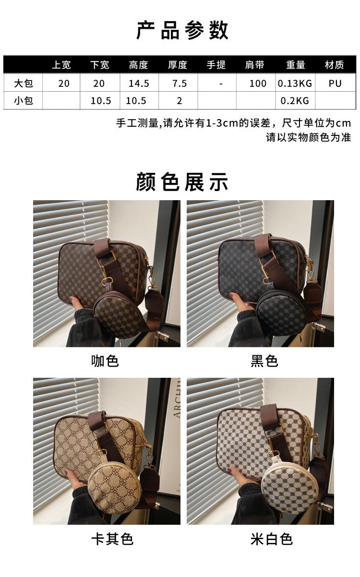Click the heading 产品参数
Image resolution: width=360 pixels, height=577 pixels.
pos(182,30)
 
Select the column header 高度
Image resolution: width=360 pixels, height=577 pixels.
pos(139,65)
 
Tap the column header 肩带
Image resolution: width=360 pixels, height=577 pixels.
pos(254,65)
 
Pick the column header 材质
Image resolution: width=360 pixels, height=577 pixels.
pos(334,65)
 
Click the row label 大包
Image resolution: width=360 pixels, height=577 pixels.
pos(24,84)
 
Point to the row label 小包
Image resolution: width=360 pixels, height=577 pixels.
pos(24,100)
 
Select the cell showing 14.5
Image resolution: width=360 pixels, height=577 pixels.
pos(139,84)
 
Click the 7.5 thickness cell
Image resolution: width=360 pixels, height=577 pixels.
pos(180,84)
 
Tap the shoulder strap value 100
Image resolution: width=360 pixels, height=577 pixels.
pos(258,84)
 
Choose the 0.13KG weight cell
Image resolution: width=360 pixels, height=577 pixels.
pos(295,84)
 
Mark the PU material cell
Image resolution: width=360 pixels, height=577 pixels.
pos(335,84)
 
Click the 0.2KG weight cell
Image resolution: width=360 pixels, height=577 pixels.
pos(295,100)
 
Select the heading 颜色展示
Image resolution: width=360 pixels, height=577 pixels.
pos(182,182)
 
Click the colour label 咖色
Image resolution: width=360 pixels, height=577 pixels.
pos(105,361)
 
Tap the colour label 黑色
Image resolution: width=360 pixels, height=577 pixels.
pos(264,361)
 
